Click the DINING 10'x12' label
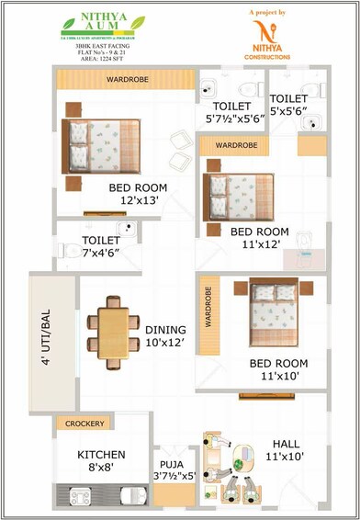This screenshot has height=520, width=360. (x=165, y=336)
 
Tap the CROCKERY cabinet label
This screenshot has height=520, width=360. (x=85, y=424)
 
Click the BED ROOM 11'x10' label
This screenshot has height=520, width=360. (x=278, y=369)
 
